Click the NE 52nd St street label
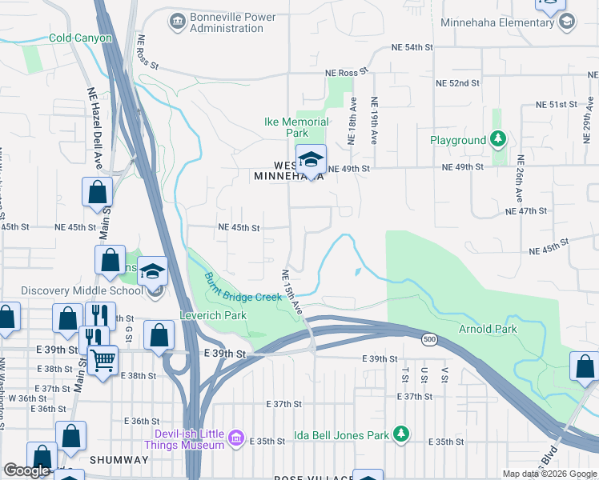click(457, 82)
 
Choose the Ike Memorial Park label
click(296, 127)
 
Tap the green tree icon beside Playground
click(498, 140)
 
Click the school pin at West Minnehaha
click(311, 158)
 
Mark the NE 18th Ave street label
click(352, 121)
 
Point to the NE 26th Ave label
click(520, 178)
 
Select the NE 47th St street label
click(526, 210)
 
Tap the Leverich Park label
click(212, 314)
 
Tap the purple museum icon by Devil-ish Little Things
click(235, 438)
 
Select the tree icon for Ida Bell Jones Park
click(400, 435)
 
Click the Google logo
click(26, 470)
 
